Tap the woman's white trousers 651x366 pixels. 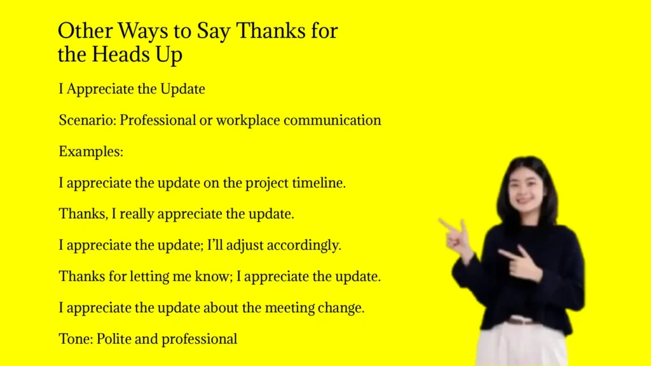coord(521,346)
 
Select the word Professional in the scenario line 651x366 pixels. coord(157,120)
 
